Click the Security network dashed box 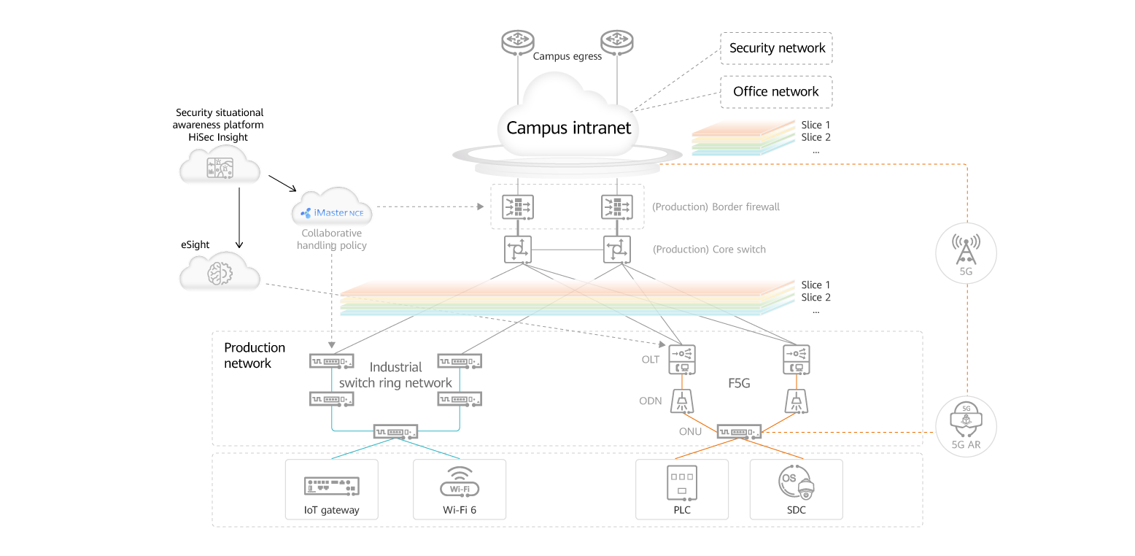pyautogui.click(x=776, y=48)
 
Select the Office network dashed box pyautogui.click(x=776, y=92)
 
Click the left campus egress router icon pyautogui.click(x=518, y=40)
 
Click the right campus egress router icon pyautogui.click(x=618, y=40)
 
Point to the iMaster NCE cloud pyautogui.click(x=332, y=210)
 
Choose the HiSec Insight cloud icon pyautogui.click(x=220, y=166)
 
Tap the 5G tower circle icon pyautogui.click(x=966, y=253)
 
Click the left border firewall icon pyautogui.click(x=518, y=208)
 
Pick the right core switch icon pyautogui.click(x=617, y=250)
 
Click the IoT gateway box pyautogui.click(x=332, y=489)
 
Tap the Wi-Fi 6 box pyautogui.click(x=460, y=489)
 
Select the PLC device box pyautogui.click(x=682, y=489)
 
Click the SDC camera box pyautogui.click(x=796, y=489)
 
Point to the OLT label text pyautogui.click(x=651, y=360)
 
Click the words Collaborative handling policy pyautogui.click(x=332, y=239)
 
